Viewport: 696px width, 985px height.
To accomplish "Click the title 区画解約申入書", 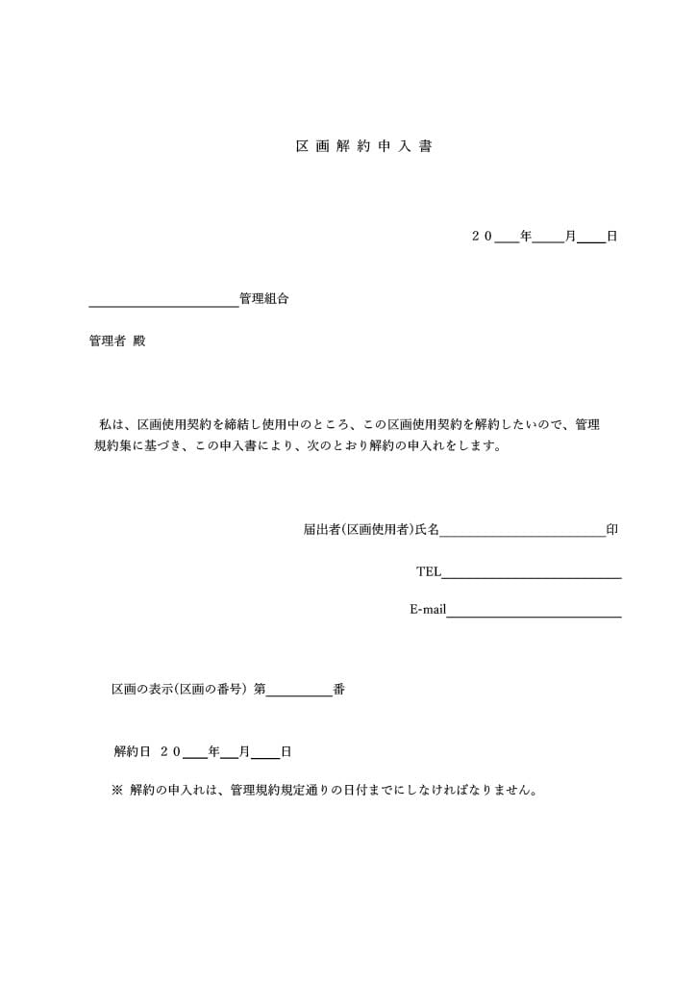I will tap(363, 147).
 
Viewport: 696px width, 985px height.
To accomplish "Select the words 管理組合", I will tap(264, 299).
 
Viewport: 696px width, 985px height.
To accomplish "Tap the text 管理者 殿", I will tap(117, 341).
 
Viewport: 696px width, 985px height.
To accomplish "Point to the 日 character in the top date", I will tap(611, 236).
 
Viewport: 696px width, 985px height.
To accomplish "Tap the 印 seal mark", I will tap(612, 529).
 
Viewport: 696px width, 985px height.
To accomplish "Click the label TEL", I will tap(429, 571).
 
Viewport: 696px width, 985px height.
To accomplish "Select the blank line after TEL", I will tap(532, 574).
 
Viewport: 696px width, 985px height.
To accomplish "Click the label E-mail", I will tap(428, 609).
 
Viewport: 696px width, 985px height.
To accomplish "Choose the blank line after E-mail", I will tap(534, 613).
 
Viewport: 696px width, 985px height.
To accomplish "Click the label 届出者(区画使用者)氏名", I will tap(371, 529).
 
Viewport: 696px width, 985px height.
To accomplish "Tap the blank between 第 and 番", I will tap(299, 693).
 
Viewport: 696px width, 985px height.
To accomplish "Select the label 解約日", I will tap(133, 751).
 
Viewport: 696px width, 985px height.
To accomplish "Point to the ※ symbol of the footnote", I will tap(117, 791).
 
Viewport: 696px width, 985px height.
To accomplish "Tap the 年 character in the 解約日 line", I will tap(213, 751).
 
